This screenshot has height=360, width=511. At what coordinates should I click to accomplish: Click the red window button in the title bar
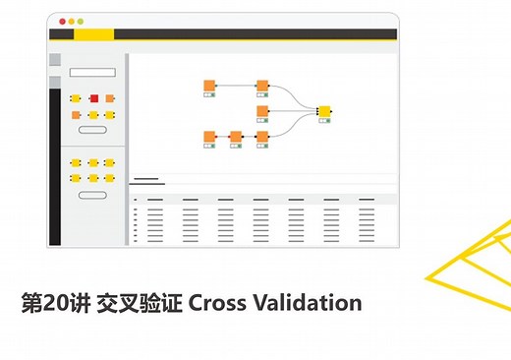(x=62, y=21)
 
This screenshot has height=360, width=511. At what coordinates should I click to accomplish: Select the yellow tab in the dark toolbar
(x=93, y=34)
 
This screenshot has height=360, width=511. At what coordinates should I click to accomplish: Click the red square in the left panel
(x=94, y=98)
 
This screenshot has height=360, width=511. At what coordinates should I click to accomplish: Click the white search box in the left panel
(x=92, y=72)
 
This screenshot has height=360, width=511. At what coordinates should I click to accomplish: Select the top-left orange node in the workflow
(x=209, y=86)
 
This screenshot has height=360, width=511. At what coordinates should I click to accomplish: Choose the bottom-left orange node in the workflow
(x=209, y=137)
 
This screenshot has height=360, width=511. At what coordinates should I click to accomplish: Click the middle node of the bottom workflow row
(x=236, y=137)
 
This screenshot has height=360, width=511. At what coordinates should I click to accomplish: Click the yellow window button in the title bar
(x=71, y=21)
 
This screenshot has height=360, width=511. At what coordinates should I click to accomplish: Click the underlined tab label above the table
(x=145, y=180)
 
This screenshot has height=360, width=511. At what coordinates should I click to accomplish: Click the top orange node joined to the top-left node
(x=262, y=86)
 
